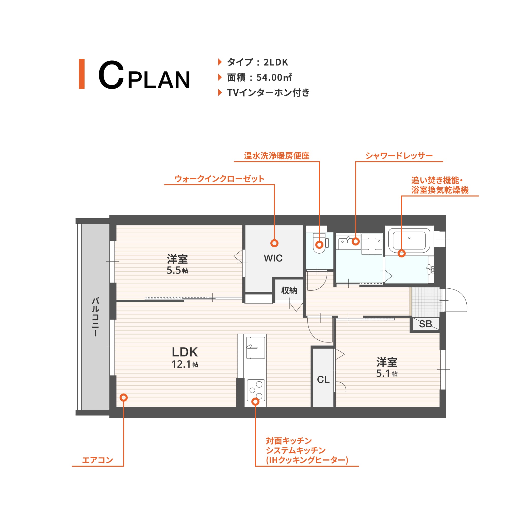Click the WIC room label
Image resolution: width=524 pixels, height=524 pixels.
(x=273, y=258)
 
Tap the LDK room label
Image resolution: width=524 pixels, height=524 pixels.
(x=185, y=352)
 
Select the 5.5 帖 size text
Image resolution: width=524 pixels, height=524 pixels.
(x=177, y=270)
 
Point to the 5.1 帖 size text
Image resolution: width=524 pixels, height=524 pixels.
(x=387, y=373)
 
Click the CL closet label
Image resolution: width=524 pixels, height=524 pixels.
(x=323, y=380)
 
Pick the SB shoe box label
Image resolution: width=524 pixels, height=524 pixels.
(x=425, y=324)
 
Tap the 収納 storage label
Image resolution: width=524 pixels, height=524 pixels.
(x=289, y=290)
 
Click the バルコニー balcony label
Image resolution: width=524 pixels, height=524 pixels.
(x=95, y=317)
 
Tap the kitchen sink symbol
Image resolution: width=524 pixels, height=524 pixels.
(x=255, y=348)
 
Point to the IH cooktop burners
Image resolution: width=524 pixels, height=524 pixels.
(x=256, y=390)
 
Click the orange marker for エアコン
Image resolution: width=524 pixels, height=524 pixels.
(x=124, y=398)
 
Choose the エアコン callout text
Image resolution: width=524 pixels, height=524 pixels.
(x=97, y=460)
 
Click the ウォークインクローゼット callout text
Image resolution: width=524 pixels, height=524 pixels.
(x=219, y=179)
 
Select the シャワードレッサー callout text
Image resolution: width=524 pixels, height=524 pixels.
(x=399, y=156)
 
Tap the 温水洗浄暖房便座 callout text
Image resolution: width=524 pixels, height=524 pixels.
(x=277, y=156)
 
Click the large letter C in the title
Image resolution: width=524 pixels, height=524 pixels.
(x=111, y=75)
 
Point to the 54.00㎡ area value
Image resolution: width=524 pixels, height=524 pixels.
(x=274, y=78)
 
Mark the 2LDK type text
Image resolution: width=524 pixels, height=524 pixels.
(x=275, y=62)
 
